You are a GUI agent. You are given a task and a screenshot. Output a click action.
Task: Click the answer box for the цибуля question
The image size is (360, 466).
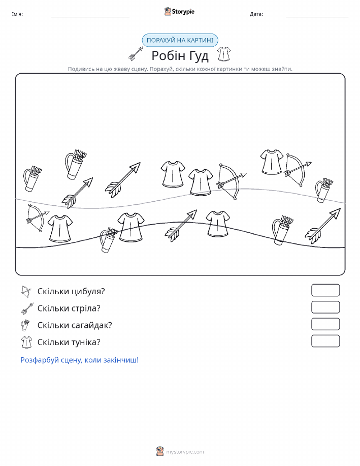325,290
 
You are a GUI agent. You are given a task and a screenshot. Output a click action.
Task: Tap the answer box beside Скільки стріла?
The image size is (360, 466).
325,307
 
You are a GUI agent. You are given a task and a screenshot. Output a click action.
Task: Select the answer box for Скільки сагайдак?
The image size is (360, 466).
325,324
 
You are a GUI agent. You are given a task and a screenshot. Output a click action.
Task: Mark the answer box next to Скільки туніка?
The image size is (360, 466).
325,341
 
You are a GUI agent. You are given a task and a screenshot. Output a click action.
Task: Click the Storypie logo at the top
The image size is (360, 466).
179,12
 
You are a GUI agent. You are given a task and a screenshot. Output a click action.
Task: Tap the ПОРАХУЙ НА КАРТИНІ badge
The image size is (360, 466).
180,40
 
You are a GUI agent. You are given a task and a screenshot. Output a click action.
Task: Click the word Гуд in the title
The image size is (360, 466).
196,55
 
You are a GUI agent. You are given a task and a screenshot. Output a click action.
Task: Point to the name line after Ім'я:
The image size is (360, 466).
90,17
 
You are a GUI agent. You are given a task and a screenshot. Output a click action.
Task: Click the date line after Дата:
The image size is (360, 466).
317,17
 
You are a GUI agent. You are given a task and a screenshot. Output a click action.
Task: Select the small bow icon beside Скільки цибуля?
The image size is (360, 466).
26,292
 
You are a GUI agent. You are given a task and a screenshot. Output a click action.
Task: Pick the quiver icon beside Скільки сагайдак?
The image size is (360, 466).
25,325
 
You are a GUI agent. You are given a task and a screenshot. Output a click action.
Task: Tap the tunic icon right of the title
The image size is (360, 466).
223,54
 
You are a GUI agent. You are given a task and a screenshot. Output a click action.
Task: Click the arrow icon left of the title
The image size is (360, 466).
136,53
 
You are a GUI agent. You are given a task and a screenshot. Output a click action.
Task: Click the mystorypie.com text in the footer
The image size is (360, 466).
185,452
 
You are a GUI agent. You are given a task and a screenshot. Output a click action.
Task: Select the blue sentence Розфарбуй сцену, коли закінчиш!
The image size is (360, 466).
80,360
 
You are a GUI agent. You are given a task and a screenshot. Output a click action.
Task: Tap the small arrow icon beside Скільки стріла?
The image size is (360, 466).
27,308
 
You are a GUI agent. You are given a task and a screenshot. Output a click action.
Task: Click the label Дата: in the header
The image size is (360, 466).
256,14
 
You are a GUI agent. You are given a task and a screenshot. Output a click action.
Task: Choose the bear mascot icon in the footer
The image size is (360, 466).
160,451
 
